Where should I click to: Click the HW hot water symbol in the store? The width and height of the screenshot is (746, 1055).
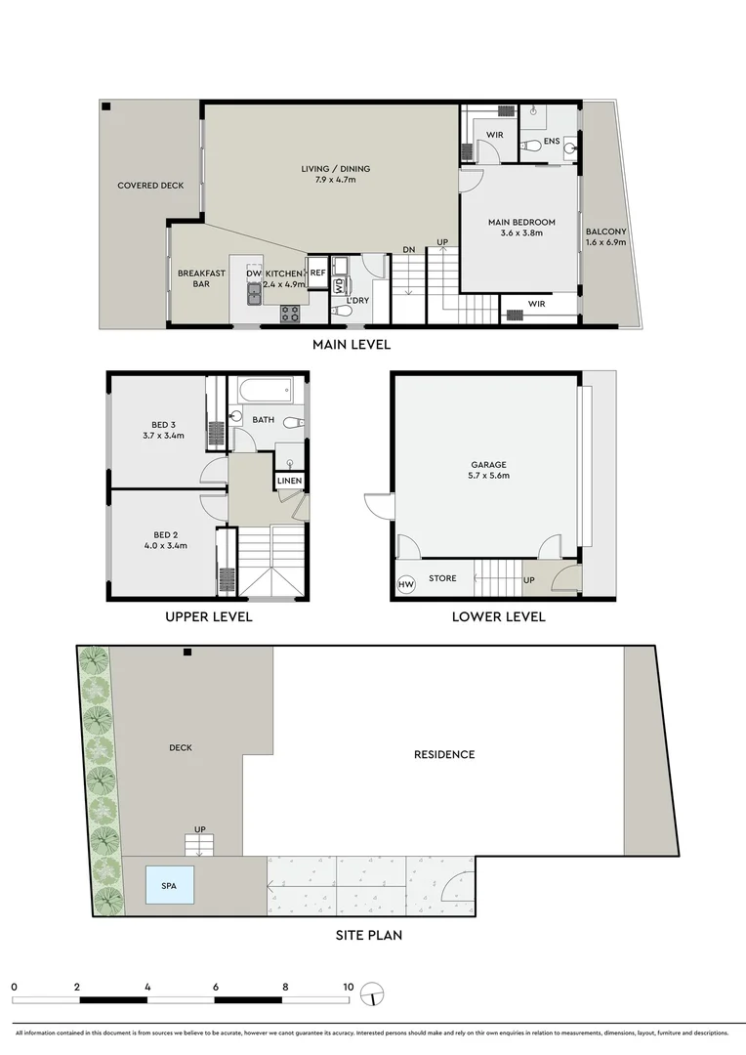405,584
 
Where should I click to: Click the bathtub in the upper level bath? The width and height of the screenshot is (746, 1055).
265,391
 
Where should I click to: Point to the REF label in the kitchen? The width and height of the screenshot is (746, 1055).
317,274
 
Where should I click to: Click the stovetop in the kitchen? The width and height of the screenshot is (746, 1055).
290,314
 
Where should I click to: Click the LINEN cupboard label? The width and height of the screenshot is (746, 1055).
289,482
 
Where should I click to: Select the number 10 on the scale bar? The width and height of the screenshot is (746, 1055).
348,987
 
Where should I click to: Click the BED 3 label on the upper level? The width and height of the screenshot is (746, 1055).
162,425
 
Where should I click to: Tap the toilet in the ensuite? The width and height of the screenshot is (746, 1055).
530,147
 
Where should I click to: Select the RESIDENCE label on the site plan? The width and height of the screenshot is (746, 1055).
444,754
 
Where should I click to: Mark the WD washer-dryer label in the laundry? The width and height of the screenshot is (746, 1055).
339,286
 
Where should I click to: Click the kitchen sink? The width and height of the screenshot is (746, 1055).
254,291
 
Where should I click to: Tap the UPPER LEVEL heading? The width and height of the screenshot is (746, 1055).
209,616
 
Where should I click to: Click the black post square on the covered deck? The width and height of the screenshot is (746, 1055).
106,106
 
